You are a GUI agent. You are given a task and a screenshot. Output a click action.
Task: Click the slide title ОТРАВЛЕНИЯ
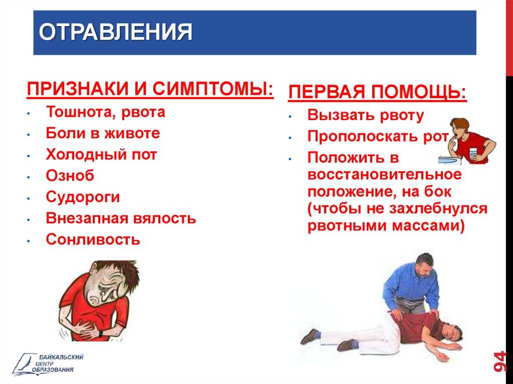click(116, 32)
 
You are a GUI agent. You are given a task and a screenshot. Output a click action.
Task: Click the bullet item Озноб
click(70, 176)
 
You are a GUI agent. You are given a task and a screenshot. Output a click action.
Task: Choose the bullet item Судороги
click(83, 197)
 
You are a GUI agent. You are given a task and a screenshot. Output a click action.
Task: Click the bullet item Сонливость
click(93, 239)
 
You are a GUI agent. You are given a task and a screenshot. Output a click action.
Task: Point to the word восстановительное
click(384, 174)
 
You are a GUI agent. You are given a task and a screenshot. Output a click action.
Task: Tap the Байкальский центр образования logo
click(48, 363)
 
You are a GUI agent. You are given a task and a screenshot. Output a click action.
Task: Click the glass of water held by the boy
click(473, 154)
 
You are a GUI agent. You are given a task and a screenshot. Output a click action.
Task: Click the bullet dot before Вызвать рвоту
click(290, 116)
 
